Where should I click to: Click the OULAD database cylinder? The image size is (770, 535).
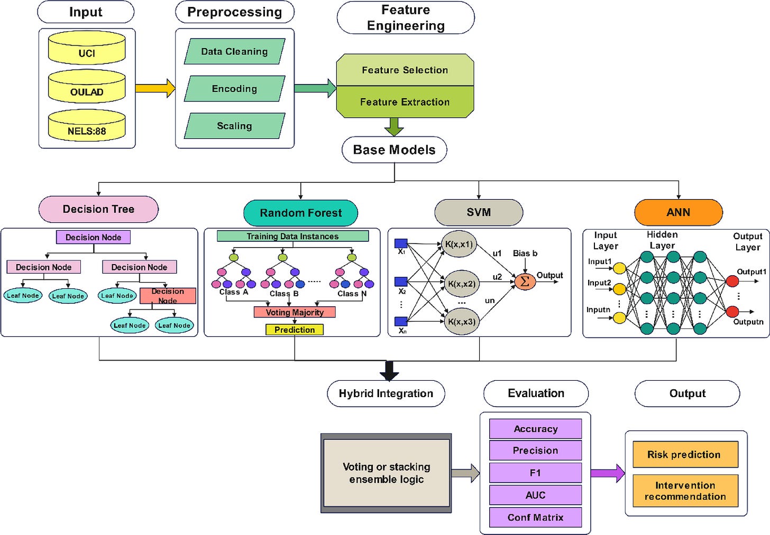(x=87, y=88)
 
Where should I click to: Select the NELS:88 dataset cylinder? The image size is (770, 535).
(x=87, y=127)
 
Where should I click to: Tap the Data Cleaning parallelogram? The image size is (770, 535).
(x=234, y=52)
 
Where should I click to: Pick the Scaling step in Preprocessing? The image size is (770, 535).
(x=234, y=126)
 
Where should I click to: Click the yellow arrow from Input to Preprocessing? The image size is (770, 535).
(x=154, y=88)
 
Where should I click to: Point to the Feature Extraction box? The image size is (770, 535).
(x=405, y=102)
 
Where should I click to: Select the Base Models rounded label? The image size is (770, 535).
(x=394, y=150)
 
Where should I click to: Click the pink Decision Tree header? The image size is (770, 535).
(x=98, y=209)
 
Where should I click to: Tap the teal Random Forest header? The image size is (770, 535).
(x=300, y=213)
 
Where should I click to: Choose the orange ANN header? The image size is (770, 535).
(x=678, y=212)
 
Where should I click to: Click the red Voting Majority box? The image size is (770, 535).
(x=295, y=312)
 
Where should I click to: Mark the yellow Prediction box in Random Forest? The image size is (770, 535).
(x=295, y=330)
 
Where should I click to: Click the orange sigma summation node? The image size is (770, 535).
(x=525, y=281)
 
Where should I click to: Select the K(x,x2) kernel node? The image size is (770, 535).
(x=461, y=284)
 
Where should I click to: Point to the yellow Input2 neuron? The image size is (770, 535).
(x=619, y=289)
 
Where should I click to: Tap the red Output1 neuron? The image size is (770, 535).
(x=732, y=281)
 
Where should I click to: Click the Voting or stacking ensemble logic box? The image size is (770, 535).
(x=386, y=473)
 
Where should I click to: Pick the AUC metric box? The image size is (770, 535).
(x=535, y=495)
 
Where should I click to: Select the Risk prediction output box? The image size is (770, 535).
(x=685, y=455)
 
